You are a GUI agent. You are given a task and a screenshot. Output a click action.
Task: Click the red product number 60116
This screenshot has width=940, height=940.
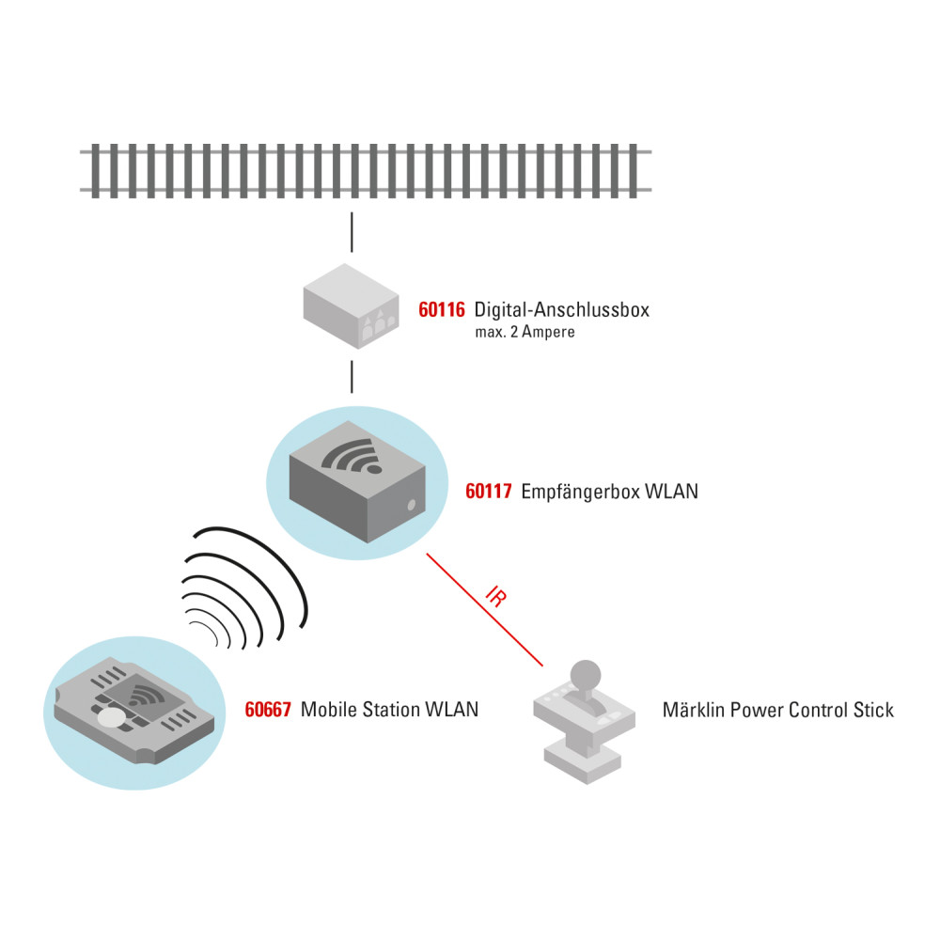(442, 309)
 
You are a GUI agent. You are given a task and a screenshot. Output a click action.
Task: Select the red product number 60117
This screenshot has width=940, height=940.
(489, 491)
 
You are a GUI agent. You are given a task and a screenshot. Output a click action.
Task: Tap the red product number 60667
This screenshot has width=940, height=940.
(269, 710)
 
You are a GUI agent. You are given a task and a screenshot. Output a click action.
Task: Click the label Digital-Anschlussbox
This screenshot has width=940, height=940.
(562, 309)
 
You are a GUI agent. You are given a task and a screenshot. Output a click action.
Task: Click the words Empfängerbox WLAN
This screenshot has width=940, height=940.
(609, 491)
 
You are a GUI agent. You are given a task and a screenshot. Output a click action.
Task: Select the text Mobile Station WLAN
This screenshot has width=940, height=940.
(389, 710)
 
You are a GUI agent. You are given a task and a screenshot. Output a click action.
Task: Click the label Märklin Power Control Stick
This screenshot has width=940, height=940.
(778, 710)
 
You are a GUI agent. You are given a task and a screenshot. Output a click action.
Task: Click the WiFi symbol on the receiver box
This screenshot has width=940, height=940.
(353, 457)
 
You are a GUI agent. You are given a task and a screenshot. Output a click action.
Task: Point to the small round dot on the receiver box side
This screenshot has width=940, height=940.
(411, 506)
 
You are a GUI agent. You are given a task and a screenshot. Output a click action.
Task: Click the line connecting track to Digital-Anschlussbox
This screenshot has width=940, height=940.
(352, 232)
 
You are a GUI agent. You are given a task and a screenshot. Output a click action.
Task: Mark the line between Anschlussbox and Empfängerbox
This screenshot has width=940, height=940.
(352, 375)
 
